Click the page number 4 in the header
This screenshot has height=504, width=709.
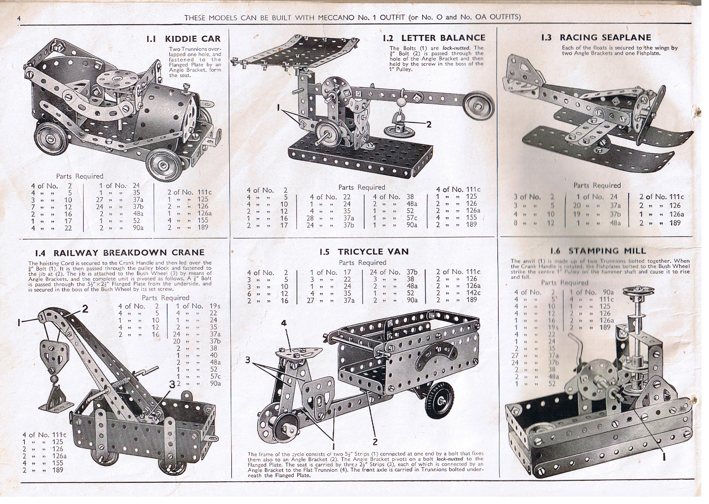click(19, 19)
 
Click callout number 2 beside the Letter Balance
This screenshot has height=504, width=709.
click(429, 125)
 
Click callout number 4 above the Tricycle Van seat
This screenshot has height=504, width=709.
click(284, 323)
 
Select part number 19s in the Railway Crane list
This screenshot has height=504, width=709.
click(215, 306)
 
